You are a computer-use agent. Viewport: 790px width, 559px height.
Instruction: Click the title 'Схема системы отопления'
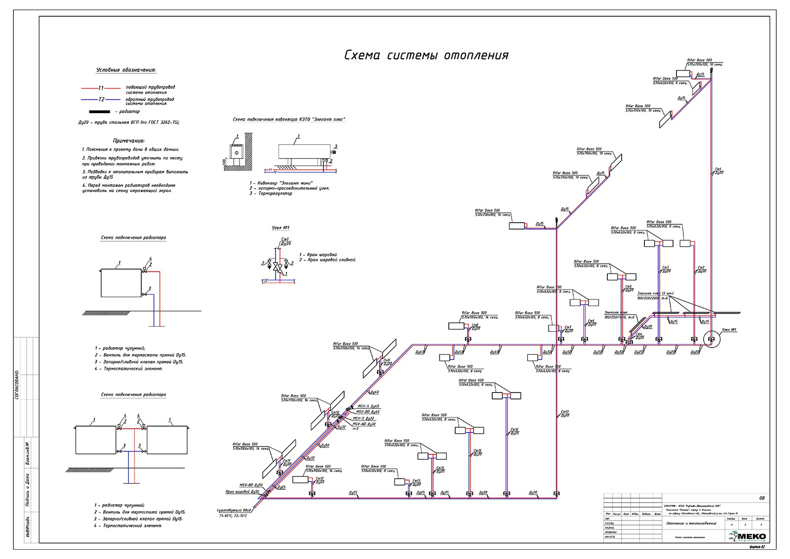(426, 55)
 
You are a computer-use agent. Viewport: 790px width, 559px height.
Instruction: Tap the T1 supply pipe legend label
(101, 88)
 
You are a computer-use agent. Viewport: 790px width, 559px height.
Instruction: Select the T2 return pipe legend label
(101, 99)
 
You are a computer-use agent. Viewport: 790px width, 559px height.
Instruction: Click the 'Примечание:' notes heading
(129, 141)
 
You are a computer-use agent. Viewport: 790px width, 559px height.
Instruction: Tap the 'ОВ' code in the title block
(761, 498)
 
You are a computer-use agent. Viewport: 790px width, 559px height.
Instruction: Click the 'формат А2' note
(756, 547)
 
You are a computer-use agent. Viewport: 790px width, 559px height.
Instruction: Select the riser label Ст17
(565, 412)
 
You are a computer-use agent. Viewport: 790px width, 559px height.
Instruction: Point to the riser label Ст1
(718, 169)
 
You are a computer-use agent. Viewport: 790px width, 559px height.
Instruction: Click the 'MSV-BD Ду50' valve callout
(251, 485)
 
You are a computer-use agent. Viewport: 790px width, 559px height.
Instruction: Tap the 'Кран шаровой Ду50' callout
(242, 492)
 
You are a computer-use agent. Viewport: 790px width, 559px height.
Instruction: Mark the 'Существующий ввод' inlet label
(234, 510)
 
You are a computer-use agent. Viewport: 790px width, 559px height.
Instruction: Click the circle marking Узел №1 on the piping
(711, 339)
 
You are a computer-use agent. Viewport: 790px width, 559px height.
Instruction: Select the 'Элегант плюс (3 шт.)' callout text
(655, 293)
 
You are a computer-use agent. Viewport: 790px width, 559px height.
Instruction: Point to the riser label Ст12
(320, 479)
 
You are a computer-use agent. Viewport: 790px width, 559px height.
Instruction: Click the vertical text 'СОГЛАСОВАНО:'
(17, 384)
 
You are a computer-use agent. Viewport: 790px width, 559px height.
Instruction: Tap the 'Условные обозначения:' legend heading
(126, 70)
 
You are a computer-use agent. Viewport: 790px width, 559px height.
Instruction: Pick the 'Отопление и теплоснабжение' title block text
(691, 523)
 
